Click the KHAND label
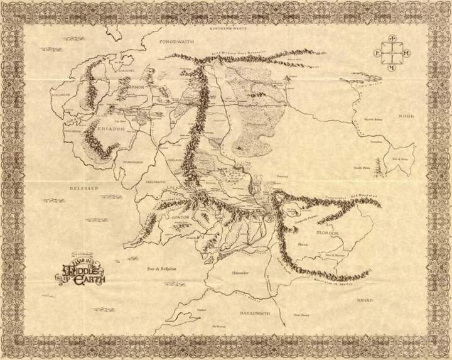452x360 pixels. [382, 300]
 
